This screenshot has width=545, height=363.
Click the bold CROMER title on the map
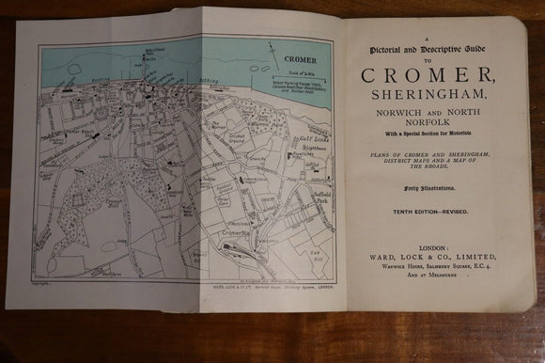300,58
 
